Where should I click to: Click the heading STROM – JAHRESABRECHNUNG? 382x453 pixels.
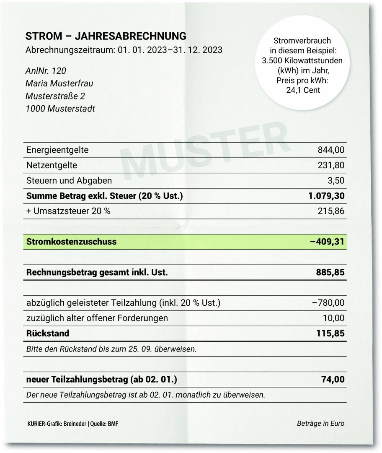coord(106,36)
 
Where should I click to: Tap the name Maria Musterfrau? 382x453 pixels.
coord(59,83)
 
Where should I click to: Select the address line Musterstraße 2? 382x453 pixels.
coord(55,96)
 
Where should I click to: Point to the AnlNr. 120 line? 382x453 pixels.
coord(46,71)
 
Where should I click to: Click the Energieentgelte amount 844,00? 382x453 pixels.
coord(331,150)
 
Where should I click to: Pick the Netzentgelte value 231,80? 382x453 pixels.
coord(331,165)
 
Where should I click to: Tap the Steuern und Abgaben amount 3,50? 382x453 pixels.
coord(336,181)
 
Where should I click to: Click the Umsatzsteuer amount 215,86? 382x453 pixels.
coord(331,211)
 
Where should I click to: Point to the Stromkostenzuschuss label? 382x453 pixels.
coord(71,242)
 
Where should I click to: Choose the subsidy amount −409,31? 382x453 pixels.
coord(327,242)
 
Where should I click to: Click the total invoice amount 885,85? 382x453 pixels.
coord(330,273)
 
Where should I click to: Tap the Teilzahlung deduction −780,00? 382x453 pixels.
coord(328,303)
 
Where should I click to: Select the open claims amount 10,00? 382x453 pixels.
coord(333,318)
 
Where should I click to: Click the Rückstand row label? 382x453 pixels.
coord(48,333)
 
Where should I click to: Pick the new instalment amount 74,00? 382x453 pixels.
coord(333,380)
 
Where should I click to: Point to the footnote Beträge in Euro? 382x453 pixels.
coord(320,423)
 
